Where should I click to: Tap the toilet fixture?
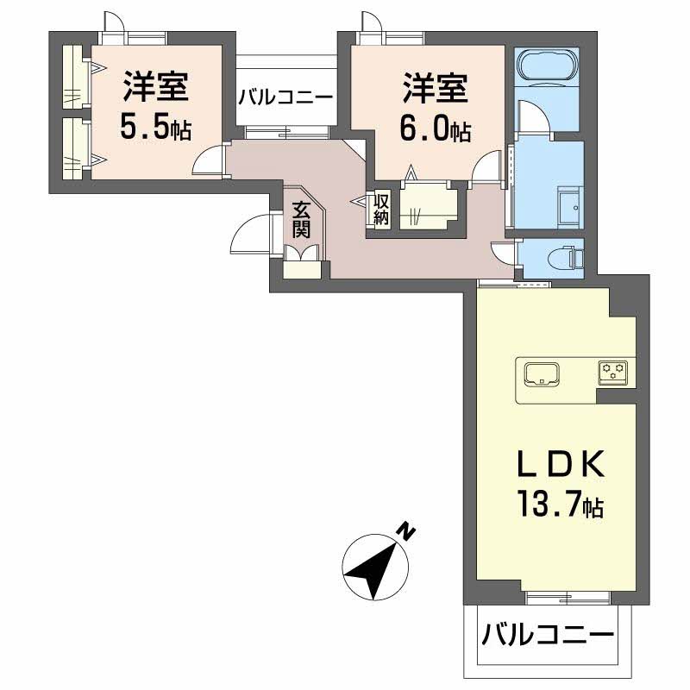[x=566, y=257]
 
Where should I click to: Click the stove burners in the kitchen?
[x=613, y=372]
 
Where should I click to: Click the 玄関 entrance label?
[x=300, y=219]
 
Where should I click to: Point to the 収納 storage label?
[x=381, y=210]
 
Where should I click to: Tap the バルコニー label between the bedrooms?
[x=285, y=97]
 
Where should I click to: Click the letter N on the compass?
[x=406, y=531]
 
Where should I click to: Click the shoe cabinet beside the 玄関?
[x=301, y=262]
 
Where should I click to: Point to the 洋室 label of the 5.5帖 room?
[x=155, y=89]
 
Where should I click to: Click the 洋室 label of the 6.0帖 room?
[x=435, y=89]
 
